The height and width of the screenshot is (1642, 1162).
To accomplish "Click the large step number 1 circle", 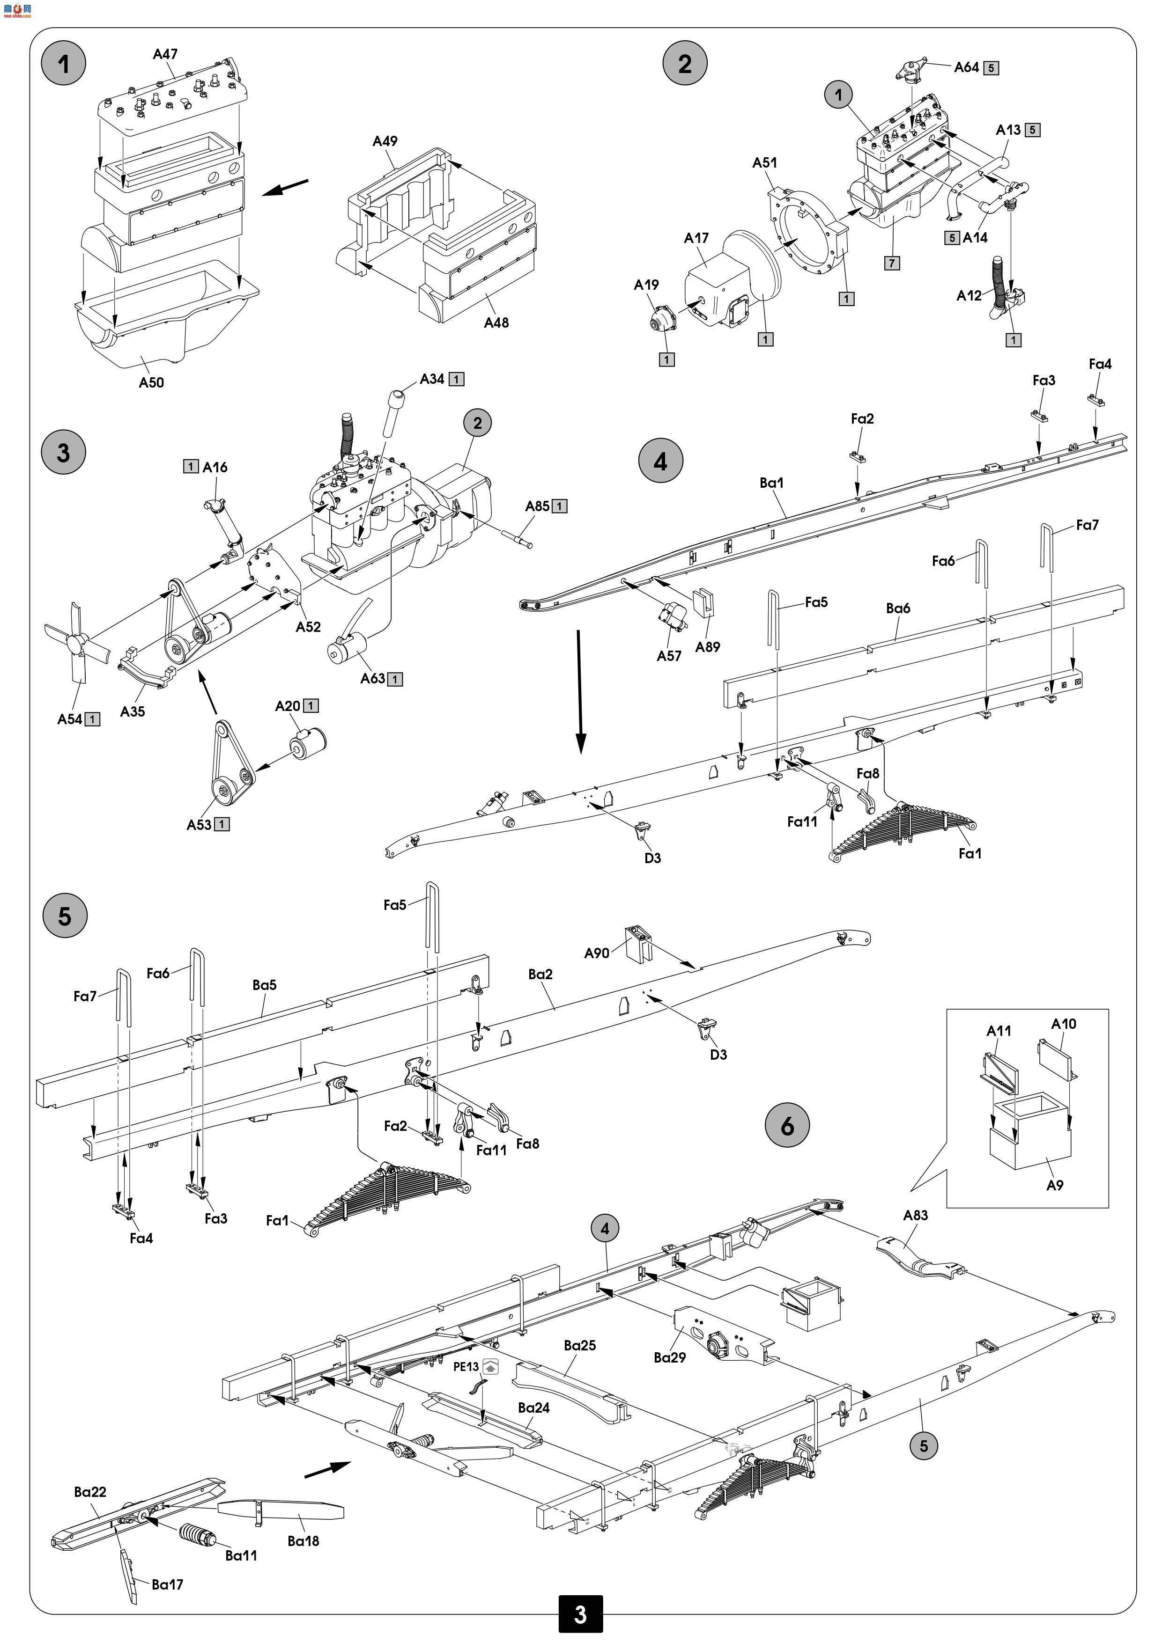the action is coord(64,64).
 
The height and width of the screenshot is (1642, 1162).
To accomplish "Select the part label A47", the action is coord(165,54).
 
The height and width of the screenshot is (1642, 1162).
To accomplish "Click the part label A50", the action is coord(151,382).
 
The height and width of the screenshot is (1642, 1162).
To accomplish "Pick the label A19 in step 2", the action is coord(646,285).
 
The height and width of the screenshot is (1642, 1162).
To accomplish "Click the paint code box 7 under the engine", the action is coord(892,263).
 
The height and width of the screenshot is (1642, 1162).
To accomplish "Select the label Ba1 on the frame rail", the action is coord(771,483).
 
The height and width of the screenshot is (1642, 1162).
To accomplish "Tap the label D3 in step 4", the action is coord(652,858).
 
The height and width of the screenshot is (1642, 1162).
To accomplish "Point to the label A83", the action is coord(915,1215).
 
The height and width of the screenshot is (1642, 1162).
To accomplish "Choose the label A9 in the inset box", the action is coord(1055,1185).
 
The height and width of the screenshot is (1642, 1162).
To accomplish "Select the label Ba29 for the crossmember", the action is coord(670,1357).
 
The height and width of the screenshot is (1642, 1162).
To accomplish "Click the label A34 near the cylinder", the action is coord(431,379).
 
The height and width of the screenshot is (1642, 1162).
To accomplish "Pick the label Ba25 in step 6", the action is coord(579,1345).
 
